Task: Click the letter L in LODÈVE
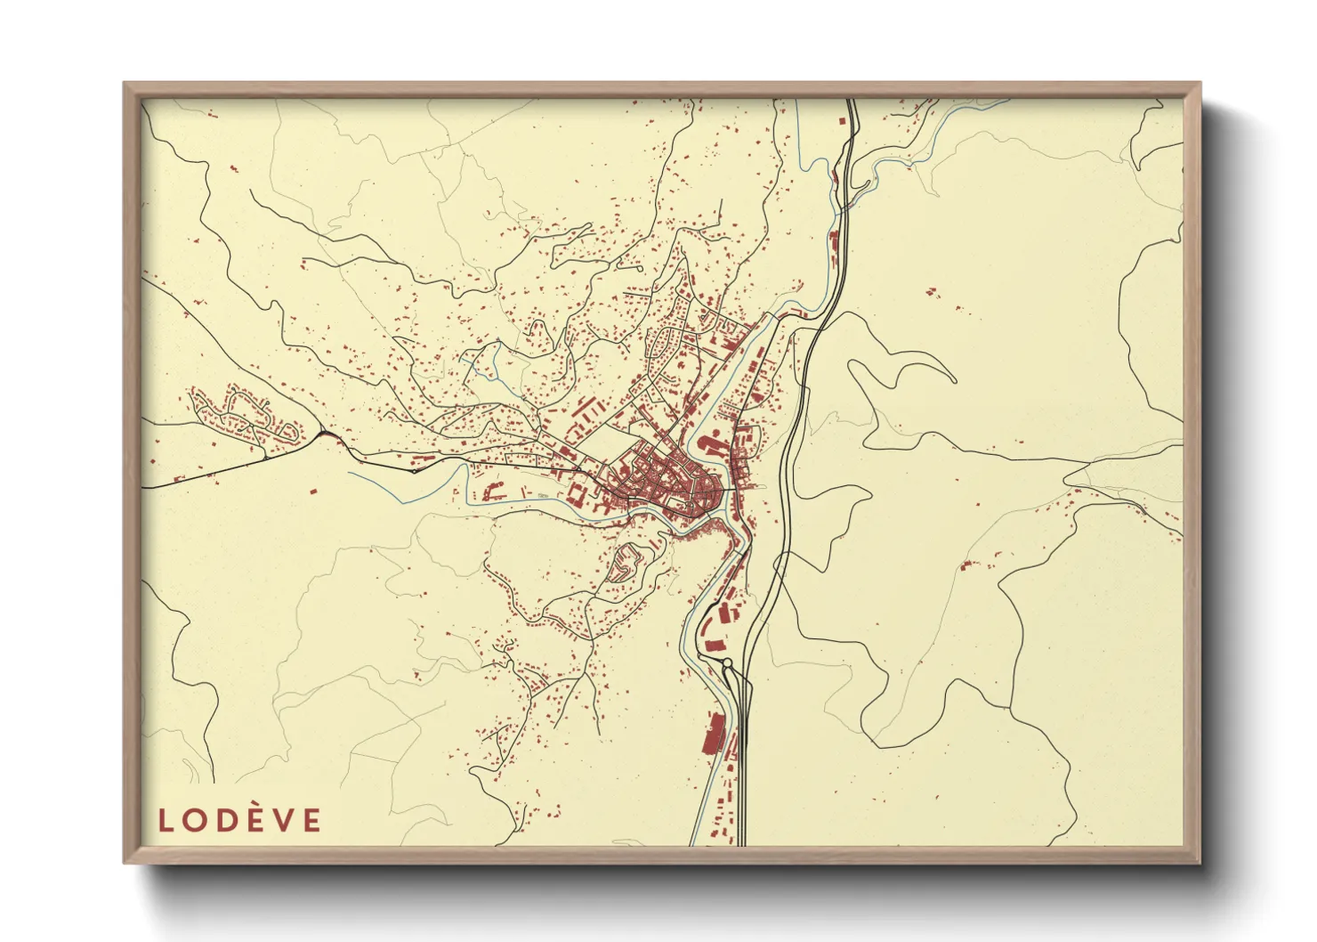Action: (166, 820)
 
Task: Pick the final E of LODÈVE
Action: (311, 820)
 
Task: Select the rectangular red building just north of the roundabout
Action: (712, 645)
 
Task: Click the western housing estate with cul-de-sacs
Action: (240, 414)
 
